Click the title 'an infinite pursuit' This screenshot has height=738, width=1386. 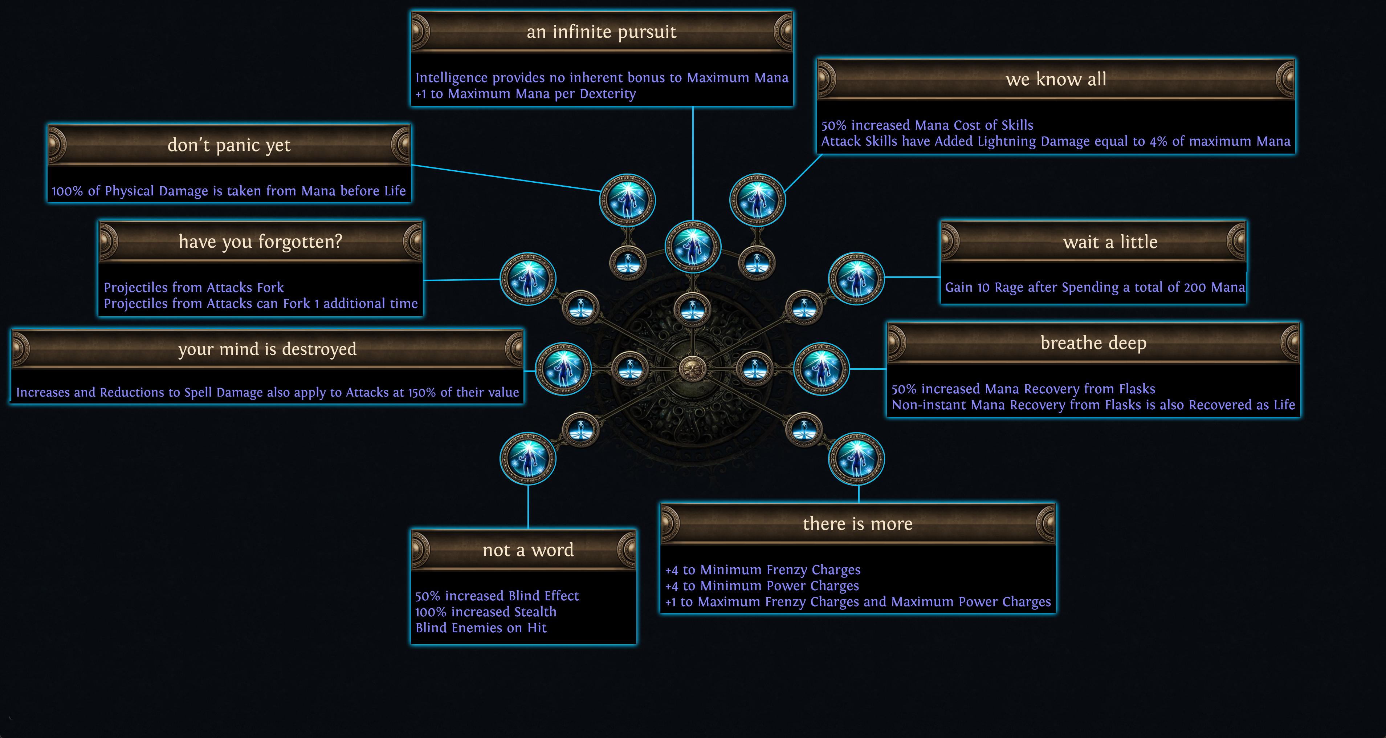(601, 32)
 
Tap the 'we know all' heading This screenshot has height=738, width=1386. (1056, 80)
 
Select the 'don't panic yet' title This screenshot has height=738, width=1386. (229, 145)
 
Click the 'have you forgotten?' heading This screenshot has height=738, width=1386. (260, 242)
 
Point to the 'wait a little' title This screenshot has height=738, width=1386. (1110, 242)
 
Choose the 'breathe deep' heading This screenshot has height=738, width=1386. (1093, 343)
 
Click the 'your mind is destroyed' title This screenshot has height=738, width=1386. (267, 349)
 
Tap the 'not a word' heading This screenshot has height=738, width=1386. (528, 550)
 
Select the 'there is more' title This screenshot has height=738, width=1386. (858, 524)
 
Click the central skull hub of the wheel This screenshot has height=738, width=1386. (693, 369)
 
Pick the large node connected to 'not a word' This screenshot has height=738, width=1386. (528, 459)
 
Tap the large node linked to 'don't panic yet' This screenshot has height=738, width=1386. (627, 200)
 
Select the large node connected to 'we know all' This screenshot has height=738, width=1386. (758, 200)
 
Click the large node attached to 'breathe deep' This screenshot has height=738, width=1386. (822, 369)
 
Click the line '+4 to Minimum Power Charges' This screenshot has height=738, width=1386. (762, 586)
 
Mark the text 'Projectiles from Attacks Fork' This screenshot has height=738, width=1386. (194, 287)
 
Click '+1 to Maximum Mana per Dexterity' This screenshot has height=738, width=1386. (525, 94)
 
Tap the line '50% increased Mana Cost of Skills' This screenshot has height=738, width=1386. (927, 125)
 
